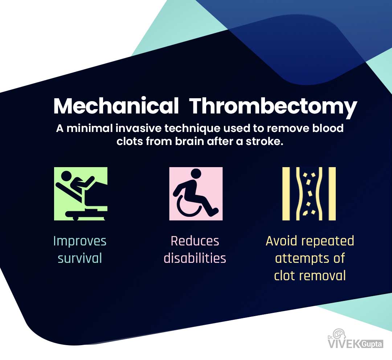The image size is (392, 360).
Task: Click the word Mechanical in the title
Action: point(116,106)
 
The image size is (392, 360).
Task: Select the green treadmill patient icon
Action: point(81,194)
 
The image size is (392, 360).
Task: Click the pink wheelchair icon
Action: point(196,194)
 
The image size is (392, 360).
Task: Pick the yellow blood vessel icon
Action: point(309,194)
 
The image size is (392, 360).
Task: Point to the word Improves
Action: point(80,241)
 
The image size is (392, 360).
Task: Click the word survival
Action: point(80,258)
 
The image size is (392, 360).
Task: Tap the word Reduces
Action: point(195,241)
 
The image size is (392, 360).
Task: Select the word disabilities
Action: point(195,258)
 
